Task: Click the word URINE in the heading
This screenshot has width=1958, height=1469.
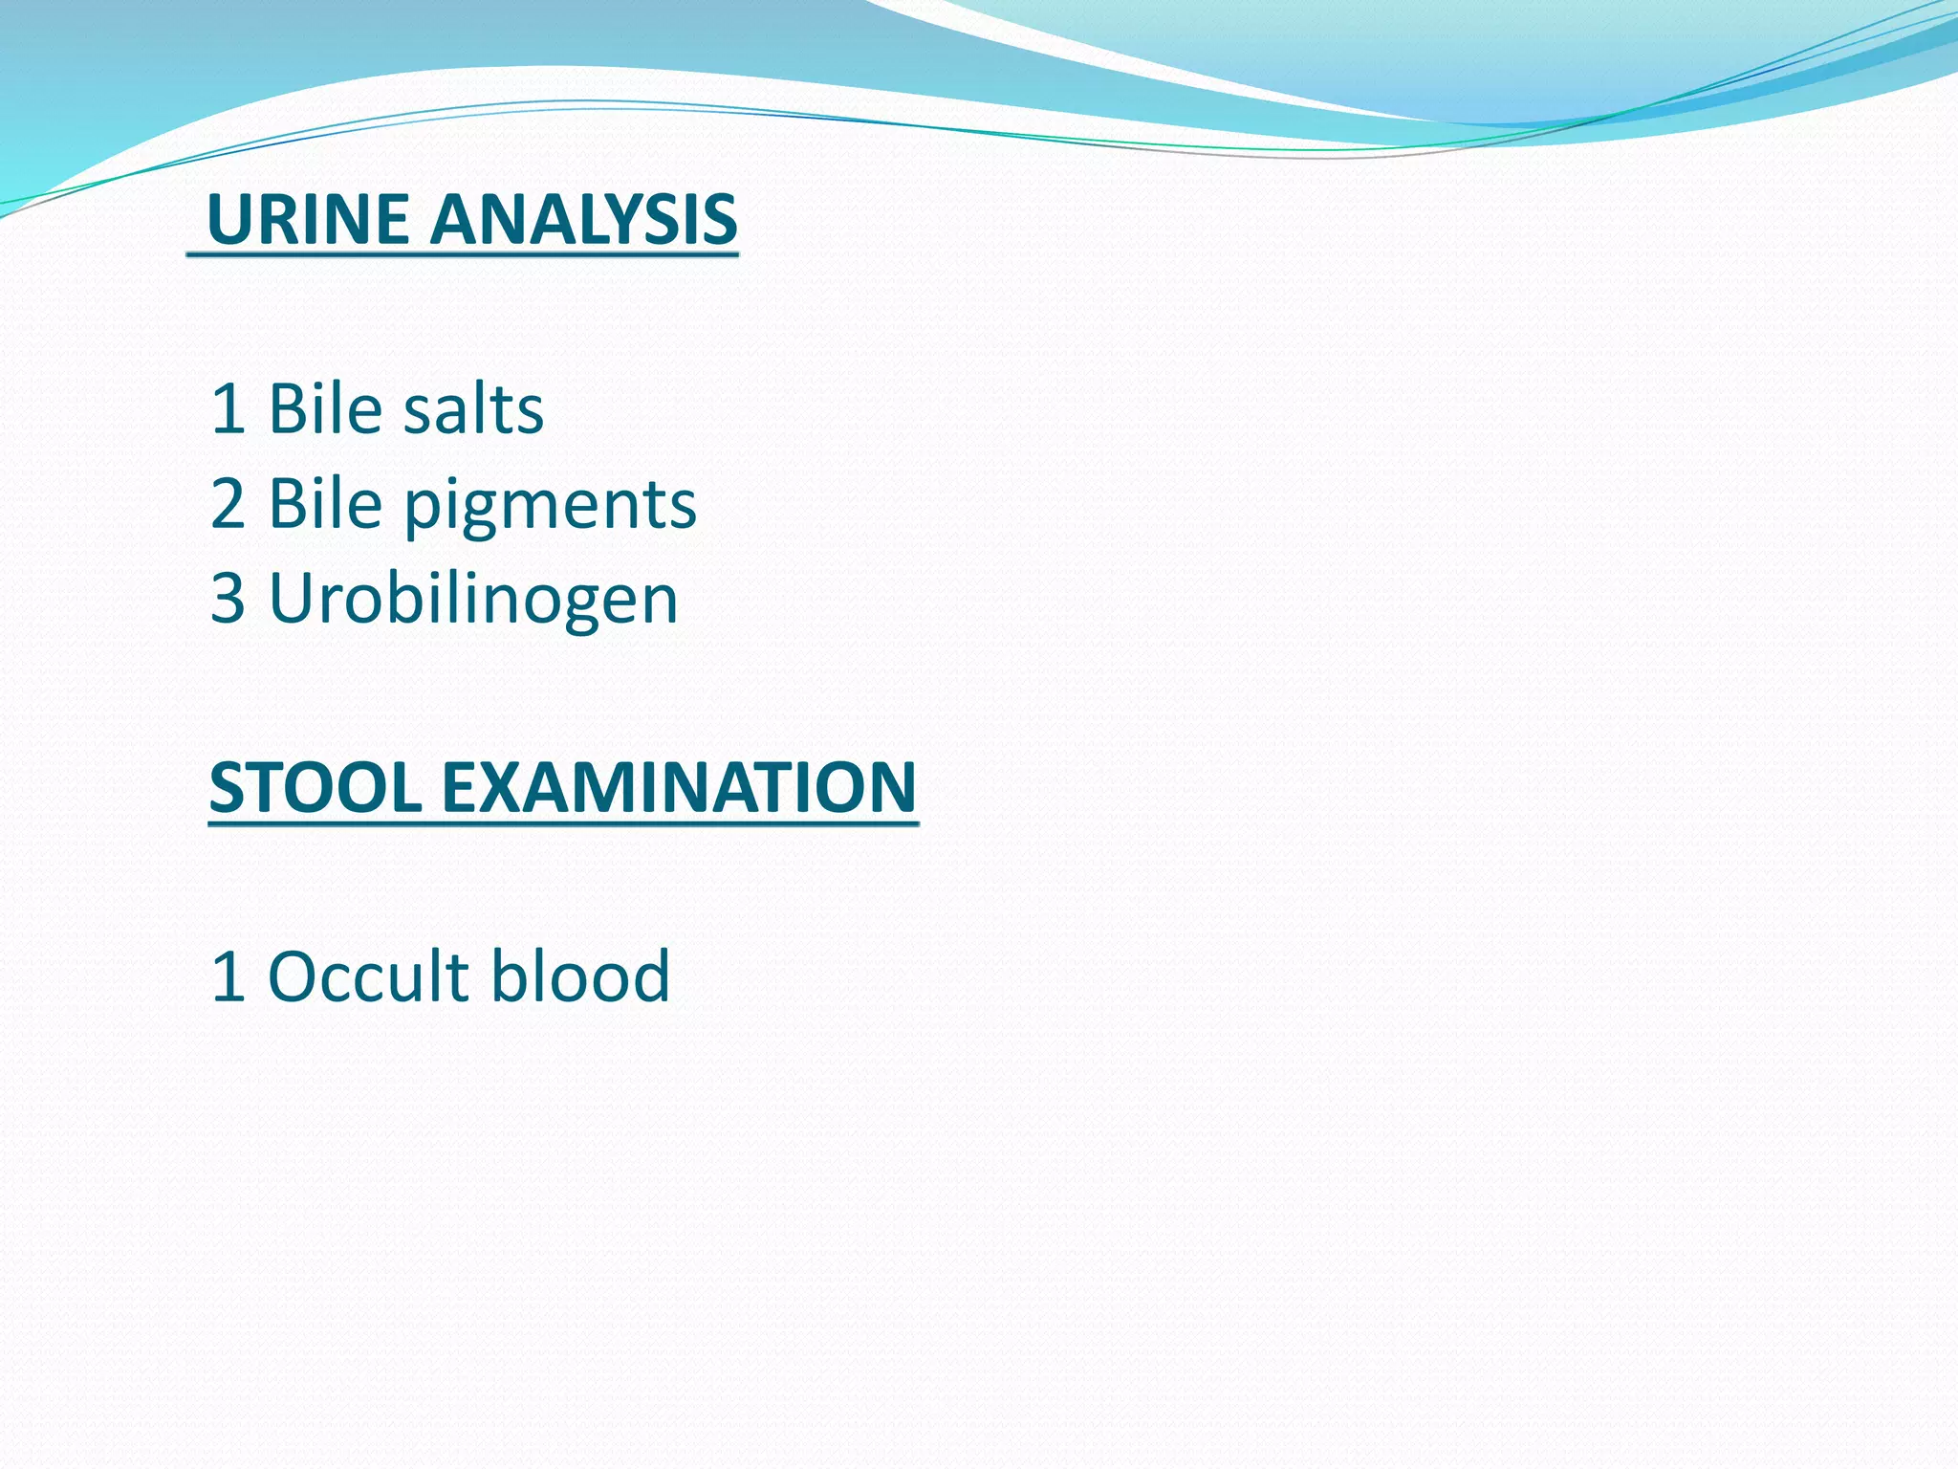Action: tap(312, 219)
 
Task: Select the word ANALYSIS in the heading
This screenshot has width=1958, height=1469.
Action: tap(583, 219)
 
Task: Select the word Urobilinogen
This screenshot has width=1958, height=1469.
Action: tap(473, 600)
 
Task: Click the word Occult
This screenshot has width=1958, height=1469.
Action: tap(368, 976)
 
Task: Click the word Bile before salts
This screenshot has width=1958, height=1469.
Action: tap(325, 409)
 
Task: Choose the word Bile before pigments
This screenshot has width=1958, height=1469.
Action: tap(325, 504)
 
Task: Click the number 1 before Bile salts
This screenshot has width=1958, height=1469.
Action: tap(228, 409)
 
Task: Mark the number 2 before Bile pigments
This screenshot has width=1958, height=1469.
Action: tap(228, 504)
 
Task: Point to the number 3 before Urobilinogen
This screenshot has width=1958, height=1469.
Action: tap(228, 600)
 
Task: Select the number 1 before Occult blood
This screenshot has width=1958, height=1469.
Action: tap(228, 976)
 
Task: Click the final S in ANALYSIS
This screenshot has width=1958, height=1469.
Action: tap(717, 219)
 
